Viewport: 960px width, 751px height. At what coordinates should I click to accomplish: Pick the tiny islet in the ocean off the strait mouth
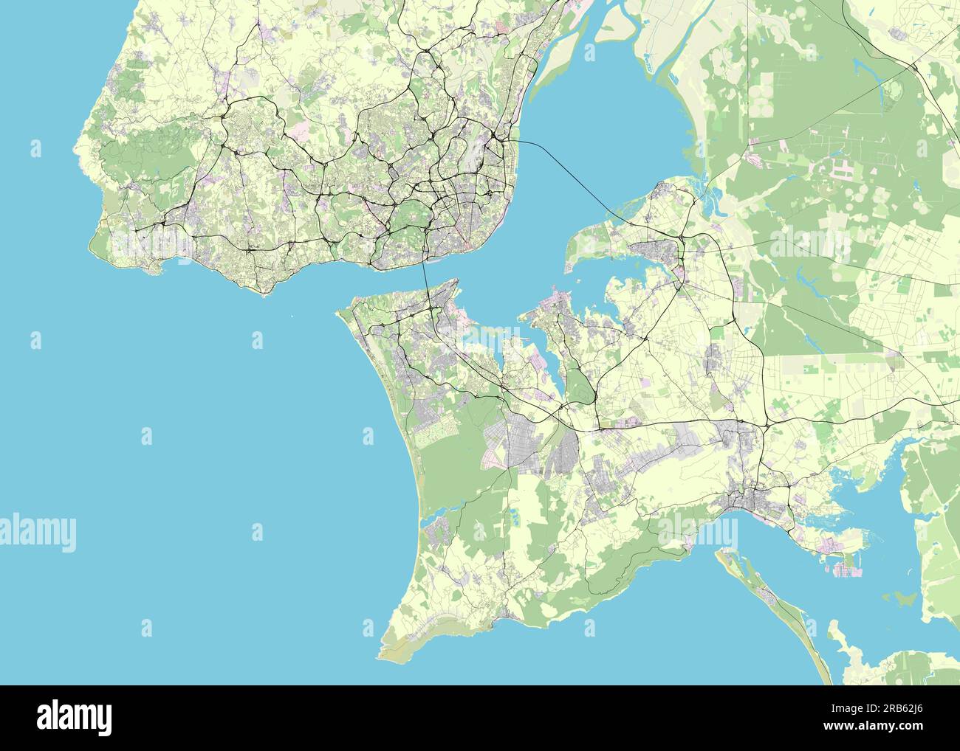(x=292, y=318)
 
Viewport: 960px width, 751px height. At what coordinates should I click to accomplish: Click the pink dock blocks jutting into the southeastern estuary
(x=842, y=568)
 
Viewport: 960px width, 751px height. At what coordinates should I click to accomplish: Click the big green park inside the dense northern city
(x=406, y=221)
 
